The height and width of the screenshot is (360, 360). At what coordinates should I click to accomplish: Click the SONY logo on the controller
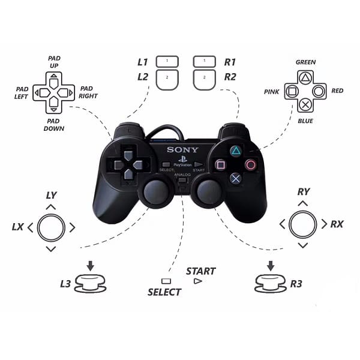pyautogui.click(x=179, y=149)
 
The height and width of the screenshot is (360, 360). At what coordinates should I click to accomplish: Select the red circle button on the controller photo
pyautogui.click(x=251, y=163)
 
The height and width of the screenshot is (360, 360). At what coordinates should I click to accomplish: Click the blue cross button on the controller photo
pyautogui.click(x=236, y=178)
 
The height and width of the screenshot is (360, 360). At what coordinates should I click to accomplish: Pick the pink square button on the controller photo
pyautogui.click(x=220, y=164)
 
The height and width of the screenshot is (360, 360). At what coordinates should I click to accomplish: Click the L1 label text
pyautogui.click(x=143, y=62)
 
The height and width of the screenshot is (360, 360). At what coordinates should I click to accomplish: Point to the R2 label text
pyautogui.click(x=230, y=76)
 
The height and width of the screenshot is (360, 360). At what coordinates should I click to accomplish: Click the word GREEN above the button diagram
pyautogui.click(x=305, y=62)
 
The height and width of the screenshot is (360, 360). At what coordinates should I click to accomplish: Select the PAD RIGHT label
pyautogui.click(x=88, y=92)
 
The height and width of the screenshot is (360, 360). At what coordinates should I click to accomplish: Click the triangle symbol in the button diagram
pyautogui.click(x=305, y=77)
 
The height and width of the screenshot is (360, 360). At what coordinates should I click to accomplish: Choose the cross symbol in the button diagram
pyautogui.click(x=305, y=104)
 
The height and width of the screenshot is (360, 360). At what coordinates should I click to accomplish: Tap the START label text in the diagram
pyautogui.click(x=200, y=271)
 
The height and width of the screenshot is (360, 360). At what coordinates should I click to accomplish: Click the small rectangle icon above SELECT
pyautogui.click(x=166, y=281)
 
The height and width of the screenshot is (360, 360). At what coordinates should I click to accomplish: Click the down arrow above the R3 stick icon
pyautogui.click(x=271, y=265)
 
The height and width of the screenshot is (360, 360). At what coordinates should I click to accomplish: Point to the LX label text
pyautogui.click(x=17, y=227)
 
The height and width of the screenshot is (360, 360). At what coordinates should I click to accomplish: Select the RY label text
pyautogui.click(x=304, y=192)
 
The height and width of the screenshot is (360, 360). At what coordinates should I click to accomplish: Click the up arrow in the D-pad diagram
pyautogui.click(x=54, y=77)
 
